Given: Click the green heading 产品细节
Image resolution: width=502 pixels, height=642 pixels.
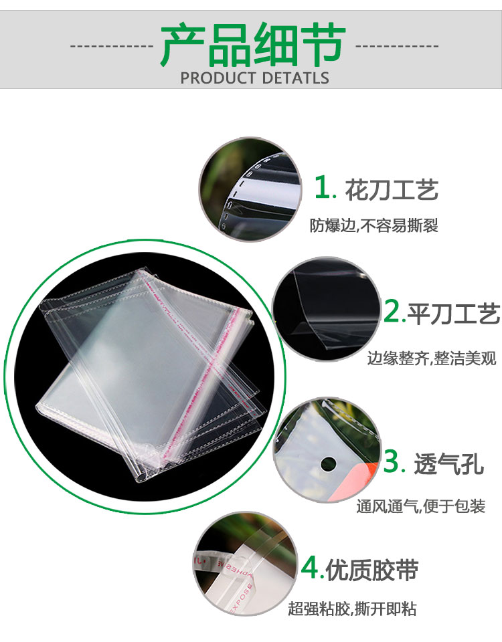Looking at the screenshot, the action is coord(253,45).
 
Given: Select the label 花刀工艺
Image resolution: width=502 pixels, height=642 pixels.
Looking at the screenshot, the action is coord(392,189).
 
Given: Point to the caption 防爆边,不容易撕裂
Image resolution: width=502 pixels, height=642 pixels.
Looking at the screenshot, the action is coord(373,225).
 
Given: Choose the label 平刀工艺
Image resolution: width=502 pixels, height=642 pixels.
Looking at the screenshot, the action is coord(454,314).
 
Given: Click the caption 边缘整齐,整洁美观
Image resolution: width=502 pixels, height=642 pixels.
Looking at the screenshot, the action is coord(432,358).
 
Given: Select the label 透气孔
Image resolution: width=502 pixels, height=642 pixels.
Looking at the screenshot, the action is coord(448,464).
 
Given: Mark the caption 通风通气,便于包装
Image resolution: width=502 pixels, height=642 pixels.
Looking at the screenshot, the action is coord(420,506).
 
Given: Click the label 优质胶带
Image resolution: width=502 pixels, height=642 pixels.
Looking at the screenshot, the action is coord(372,570).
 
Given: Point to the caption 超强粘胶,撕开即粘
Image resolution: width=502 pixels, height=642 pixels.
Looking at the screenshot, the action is coord(352,609).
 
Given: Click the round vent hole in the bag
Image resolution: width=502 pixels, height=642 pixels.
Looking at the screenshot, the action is coord(328,464).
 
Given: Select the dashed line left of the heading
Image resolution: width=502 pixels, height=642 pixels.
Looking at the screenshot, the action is coord(112,46).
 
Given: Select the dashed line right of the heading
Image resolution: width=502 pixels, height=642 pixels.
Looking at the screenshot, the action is coord(397,46).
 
